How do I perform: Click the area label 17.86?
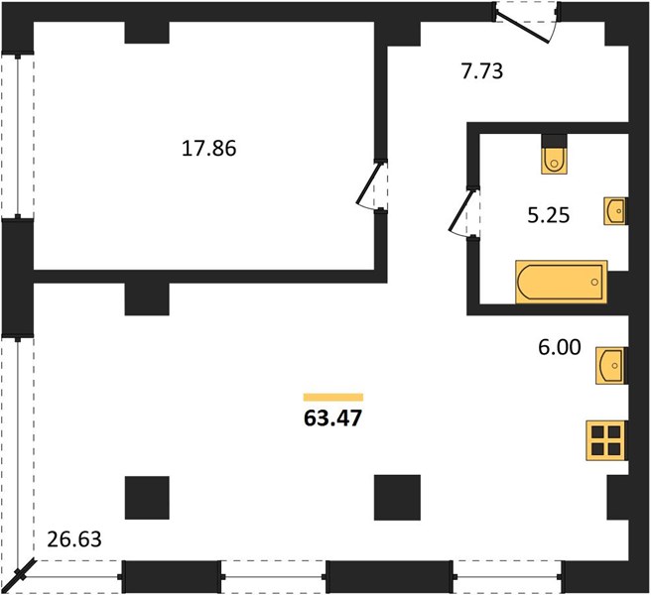tap(208, 148)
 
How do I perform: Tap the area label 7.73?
tap(482, 71)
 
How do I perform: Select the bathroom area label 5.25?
tap(549, 215)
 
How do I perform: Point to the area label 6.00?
tap(560, 347)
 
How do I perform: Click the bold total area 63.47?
tap(333, 418)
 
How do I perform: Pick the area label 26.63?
tap(74, 539)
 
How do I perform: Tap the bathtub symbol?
tap(562, 282)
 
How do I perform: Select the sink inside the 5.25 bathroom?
tap(615, 211)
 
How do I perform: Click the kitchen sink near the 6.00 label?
tap(610, 366)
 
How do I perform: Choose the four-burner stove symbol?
tap(605, 440)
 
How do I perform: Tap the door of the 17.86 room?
tap(372, 185)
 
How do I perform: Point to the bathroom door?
tap(464, 213)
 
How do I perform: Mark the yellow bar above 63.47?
tap(333, 397)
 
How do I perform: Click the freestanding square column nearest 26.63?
tap(147, 498)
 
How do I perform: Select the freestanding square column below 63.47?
tap(397, 498)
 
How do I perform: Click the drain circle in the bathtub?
tap(594, 283)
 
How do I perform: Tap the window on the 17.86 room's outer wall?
tap(18, 136)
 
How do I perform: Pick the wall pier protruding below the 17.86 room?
tap(147, 298)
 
